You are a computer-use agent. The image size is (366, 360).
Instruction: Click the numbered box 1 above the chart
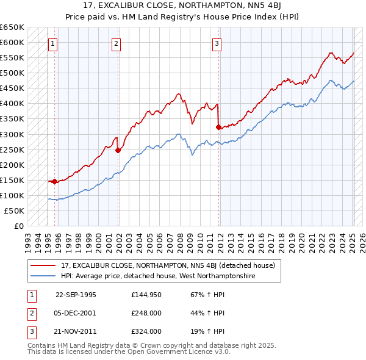pos(53,43)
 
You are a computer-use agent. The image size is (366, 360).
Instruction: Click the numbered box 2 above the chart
pos(116,43)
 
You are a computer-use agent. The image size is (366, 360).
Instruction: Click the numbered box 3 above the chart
pos(217,43)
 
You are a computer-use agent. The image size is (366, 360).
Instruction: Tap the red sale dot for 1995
pos(55,181)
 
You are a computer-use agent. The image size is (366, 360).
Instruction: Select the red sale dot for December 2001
pos(118,150)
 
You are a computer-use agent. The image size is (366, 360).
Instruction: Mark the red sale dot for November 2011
pos(218,127)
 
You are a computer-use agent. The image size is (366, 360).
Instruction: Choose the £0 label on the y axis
pos(18,226)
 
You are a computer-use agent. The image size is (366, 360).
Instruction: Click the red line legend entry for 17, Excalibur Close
pos(168,265)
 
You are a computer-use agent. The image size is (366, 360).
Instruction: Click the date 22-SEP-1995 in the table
pos(76,295)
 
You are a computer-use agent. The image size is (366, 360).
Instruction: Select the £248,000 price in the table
pos(146,313)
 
